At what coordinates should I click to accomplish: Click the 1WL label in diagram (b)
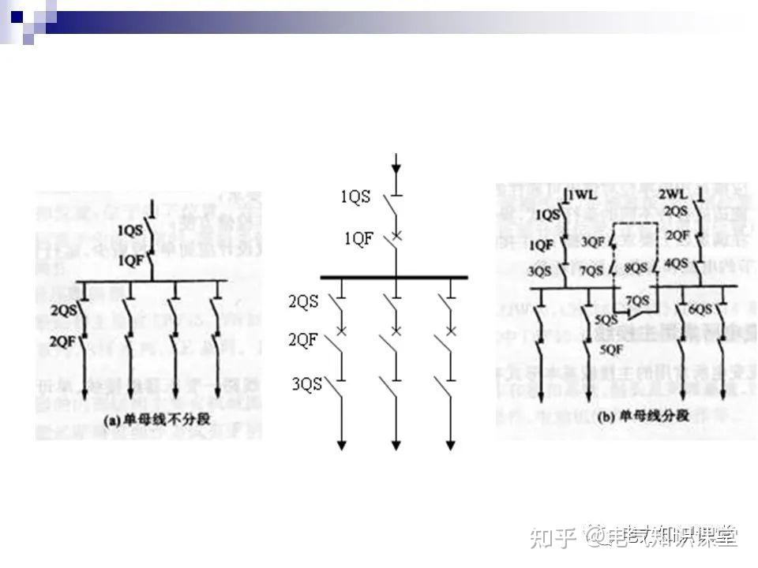tap(580, 195)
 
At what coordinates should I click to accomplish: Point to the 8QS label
tap(636, 268)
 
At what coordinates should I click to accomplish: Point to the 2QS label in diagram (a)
tap(64, 310)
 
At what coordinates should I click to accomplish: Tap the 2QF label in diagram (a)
tap(64, 341)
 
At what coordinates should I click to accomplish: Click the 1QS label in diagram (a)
tap(131, 230)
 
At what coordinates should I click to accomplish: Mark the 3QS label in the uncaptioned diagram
tap(307, 385)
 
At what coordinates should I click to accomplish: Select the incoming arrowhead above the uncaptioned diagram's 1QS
tap(396, 169)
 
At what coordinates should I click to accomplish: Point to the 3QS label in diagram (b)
tap(541, 271)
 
